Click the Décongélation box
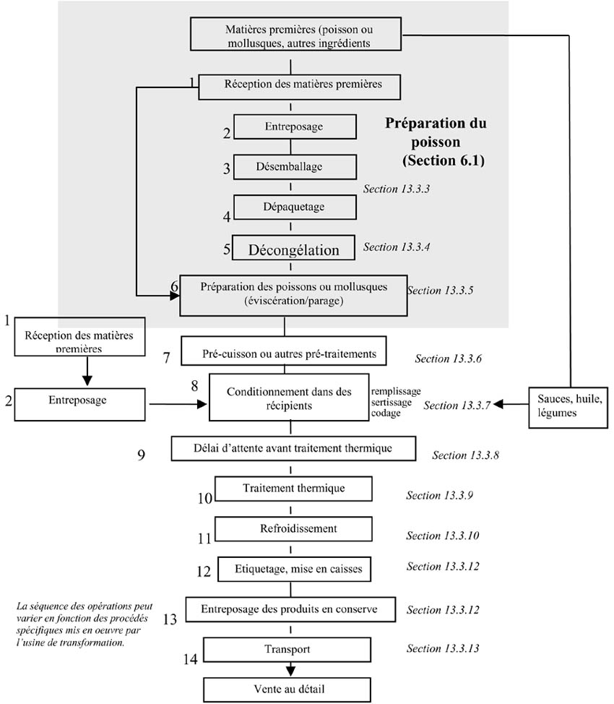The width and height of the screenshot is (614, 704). click(x=293, y=249)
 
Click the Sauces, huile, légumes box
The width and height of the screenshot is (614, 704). click(x=569, y=405)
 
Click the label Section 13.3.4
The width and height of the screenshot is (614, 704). click(x=397, y=247)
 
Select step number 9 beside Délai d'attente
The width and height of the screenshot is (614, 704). click(x=142, y=455)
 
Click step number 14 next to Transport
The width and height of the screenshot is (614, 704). click(x=190, y=658)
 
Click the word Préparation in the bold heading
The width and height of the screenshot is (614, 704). click(x=436, y=124)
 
